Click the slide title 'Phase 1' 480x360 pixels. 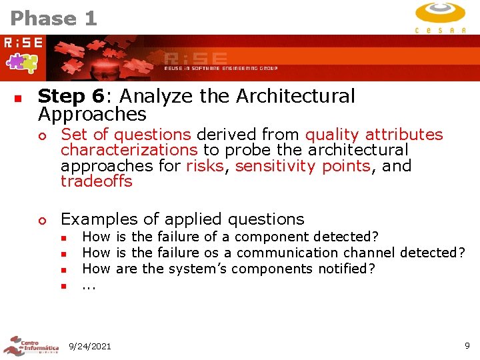(54, 18)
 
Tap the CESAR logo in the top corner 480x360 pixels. (440, 17)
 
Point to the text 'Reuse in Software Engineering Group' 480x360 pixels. (221, 68)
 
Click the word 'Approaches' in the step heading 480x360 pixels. (92, 114)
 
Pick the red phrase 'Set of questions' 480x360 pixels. (126, 135)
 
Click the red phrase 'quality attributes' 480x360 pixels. (374, 135)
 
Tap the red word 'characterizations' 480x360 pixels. (129, 150)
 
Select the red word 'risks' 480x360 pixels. (205, 165)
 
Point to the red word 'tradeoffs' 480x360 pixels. (97, 181)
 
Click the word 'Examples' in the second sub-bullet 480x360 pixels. (99, 219)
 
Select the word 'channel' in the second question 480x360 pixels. (369, 253)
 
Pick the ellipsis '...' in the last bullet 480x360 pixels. (89, 286)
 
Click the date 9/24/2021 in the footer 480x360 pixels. (90, 346)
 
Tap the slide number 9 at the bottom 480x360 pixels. (467, 345)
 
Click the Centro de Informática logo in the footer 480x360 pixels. (31, 346)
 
